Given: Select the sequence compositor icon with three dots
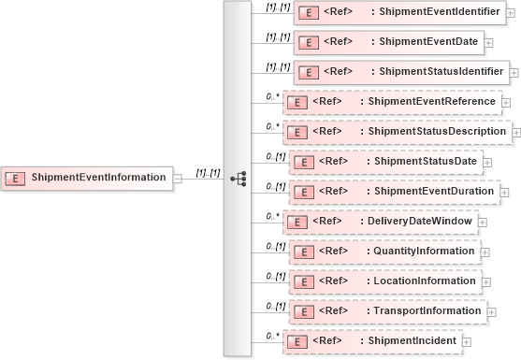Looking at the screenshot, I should (x=237, y=178).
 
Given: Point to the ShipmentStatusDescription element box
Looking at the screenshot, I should (x=398, y=132).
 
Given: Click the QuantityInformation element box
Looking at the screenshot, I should (x=384, y=252).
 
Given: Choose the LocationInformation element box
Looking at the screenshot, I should (x=384, y=281).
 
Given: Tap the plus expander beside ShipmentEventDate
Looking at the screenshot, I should (x=492, y=44).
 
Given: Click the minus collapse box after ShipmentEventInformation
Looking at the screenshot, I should (x=179, y=179).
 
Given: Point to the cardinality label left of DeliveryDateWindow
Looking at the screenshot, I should (x=272, y=215).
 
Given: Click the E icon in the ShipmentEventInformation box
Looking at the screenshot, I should (x=16, y=178).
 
